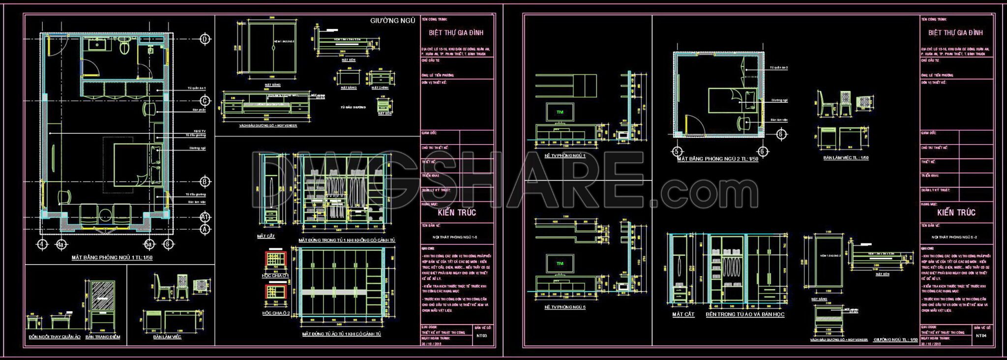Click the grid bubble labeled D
(x=205, y=39)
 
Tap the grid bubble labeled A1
(x=205, y=216)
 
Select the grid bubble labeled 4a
(x=61, y=244)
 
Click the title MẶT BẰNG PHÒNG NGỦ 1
(x=112, y=257)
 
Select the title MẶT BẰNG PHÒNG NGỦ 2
(x=717, y=159)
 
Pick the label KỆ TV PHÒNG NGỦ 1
(x=565, y=155)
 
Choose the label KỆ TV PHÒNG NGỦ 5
(x=565, y=307)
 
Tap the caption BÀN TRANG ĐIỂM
(x=103, y=337)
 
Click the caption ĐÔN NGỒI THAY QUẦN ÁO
(x=54, y=337)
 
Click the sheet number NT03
(x=482, y=336)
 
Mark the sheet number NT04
(x=981, y=336)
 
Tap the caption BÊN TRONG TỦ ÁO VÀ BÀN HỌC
(x=745, y=314)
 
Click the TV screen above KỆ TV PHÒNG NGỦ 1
(x=560, y=112)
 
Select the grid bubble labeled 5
(x=677, y=151)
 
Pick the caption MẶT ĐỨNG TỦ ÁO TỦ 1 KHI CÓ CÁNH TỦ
(x=341, y=334)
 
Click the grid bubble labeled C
(x=205, y=101)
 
